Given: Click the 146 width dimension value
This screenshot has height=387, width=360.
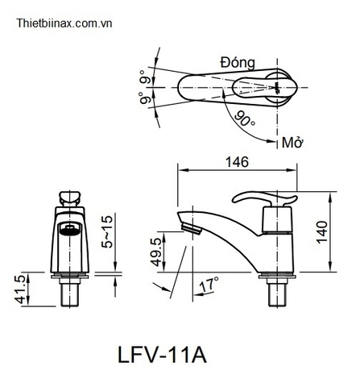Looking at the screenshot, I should (237, 161).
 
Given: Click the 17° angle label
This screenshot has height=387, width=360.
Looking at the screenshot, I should (208, 284).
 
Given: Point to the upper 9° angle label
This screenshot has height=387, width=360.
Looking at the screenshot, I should (145, 78).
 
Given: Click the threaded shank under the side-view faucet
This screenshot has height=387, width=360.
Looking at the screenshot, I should (277, 293).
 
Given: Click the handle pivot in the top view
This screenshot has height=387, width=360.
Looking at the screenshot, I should (278, 86).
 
